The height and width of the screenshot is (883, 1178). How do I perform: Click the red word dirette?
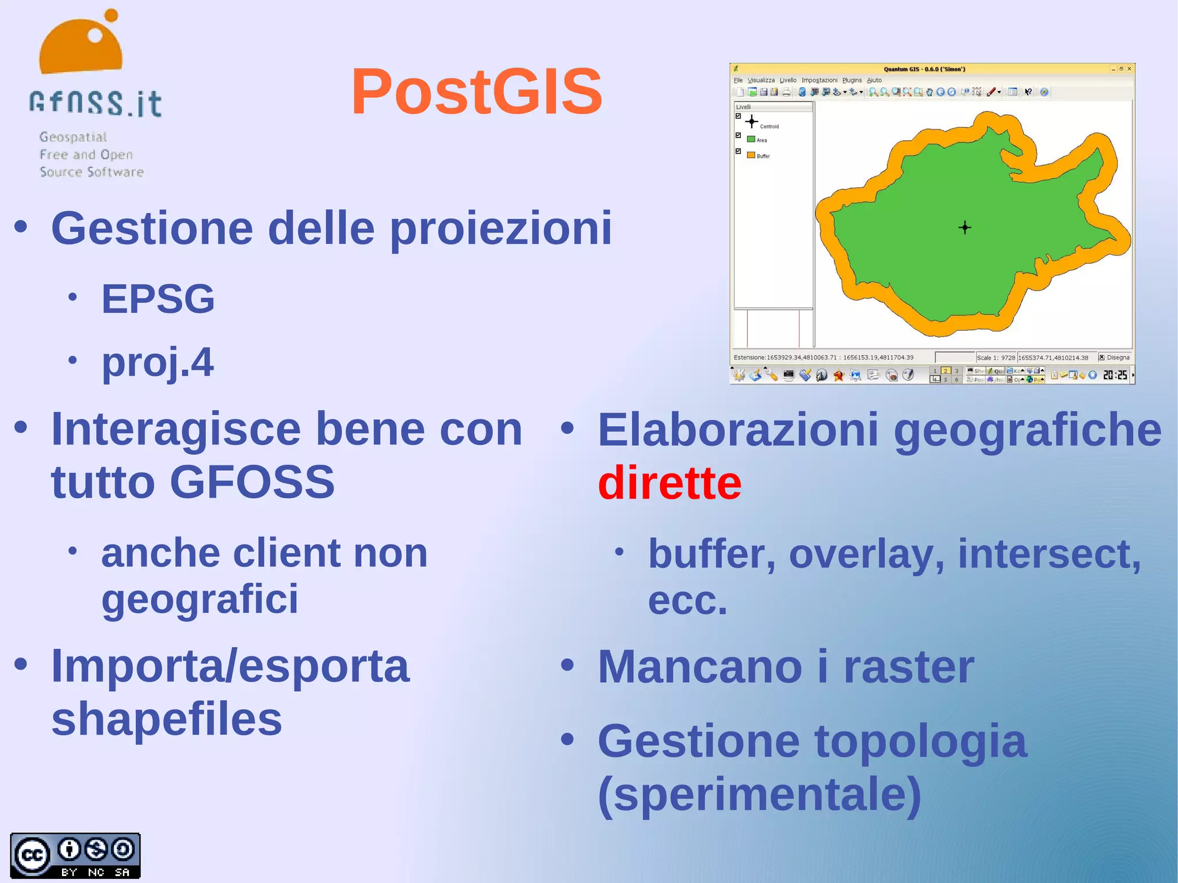[670, 483]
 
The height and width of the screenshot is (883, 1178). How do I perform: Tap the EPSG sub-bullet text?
[158, 299]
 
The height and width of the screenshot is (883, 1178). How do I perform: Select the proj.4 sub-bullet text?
[158, 362]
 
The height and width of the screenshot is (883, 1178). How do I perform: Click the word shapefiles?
[167, 719]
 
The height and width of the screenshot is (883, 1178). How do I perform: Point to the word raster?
[909, 667]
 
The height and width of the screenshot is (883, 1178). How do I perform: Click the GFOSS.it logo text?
[95, 104]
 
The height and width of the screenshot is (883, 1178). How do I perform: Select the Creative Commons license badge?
[75, 855]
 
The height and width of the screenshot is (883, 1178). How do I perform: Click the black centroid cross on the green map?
[965, 228]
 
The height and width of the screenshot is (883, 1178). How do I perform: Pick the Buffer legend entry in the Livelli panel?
[763, 156]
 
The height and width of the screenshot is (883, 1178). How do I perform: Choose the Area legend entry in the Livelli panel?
[761, 140]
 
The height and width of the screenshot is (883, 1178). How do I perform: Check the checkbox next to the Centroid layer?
[738, 116]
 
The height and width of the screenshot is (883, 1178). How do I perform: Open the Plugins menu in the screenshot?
[852, 81]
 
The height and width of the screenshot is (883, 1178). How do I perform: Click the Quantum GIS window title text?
[924, 69]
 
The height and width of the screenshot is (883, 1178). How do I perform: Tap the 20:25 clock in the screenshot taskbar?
[1115, 376]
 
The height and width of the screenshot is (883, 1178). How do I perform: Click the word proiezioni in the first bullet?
[500, 229]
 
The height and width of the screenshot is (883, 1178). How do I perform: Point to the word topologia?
[920, 742]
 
